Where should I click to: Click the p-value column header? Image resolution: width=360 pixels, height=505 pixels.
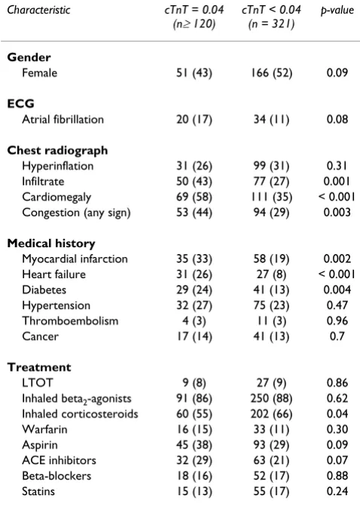coord(337,10)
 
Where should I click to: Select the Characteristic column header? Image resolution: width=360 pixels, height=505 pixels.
coord(38,10)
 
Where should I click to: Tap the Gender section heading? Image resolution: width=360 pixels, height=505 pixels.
coord(29,57)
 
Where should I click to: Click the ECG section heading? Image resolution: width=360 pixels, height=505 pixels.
coord(20,104)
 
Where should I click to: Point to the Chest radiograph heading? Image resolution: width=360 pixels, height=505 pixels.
coord(57,151)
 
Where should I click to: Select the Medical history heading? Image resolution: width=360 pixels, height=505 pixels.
coord(51,243)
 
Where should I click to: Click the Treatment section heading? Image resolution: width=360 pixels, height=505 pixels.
coord(39,367)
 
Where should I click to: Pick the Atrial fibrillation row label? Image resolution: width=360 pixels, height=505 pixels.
coord(63,120)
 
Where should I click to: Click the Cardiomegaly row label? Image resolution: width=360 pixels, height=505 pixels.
coord(56,197)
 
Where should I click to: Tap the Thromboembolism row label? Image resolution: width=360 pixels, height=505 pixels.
coord(70,321)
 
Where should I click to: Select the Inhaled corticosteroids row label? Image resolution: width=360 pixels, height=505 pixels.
coord(80,414)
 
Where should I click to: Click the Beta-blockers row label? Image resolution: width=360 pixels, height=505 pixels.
coord(56,476)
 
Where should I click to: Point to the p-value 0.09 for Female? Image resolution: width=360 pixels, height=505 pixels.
coord(337,73)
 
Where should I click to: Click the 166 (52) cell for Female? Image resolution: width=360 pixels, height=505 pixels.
coord(272,73)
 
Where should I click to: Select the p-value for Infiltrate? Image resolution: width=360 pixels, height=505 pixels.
coord(337,182)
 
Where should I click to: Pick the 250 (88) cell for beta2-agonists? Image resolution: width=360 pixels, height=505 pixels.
coord(272,399)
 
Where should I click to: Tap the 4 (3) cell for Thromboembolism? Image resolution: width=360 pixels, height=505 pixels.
coord(194,321)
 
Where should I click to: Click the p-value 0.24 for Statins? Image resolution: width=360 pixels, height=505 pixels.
coord(337,491)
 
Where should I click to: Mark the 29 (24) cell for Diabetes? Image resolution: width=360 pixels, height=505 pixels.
coord(194,290)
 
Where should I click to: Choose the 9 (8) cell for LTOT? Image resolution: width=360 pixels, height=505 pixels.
coord(194,383)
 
